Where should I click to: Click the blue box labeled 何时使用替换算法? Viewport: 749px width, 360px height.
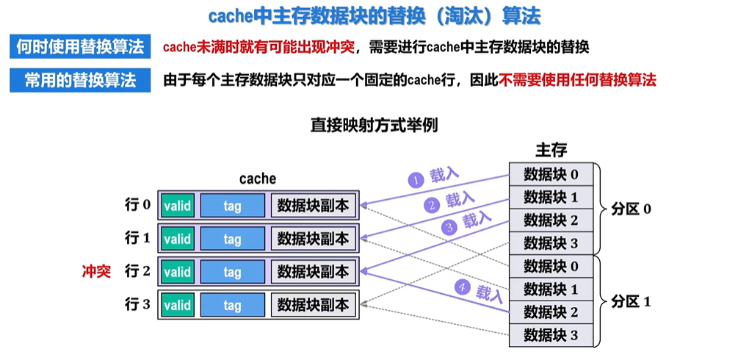coord(80,47)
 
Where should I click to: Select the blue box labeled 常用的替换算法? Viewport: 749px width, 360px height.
coord(80,80)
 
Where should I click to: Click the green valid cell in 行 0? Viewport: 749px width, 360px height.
coord(178,206)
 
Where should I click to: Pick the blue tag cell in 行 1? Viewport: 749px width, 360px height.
coord(232,239)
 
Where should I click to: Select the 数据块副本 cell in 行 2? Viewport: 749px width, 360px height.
coord(314,272)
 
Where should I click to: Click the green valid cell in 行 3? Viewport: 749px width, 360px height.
coord(178,305)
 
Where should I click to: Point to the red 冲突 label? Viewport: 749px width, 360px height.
coord(96,272)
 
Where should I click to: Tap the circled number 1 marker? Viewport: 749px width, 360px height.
coord(416,181)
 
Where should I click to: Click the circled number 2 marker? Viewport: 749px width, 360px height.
coord(433,206)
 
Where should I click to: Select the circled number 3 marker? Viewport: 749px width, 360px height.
coord(449,228)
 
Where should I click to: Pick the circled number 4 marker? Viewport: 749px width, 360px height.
coord(461,287)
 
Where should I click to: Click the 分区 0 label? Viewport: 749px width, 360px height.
coord(631,209)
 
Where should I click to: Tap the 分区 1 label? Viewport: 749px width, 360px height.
coord(631,302)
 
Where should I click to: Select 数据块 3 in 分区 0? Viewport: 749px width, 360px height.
coord(551,243)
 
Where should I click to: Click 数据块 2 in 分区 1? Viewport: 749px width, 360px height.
coord(551,312)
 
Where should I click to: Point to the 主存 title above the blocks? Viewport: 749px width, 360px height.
coord(551,150)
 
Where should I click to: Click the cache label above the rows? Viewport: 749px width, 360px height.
coord(258,179)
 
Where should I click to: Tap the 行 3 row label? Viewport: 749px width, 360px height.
coord(137,304)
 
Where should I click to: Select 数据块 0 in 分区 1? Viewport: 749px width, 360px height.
coord(551,266)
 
